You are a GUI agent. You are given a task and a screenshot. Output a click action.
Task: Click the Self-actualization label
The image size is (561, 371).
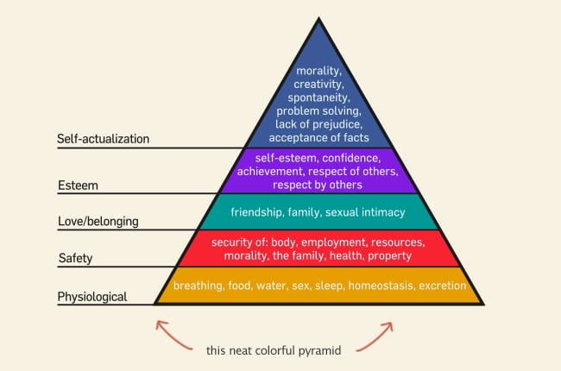[x=103, y=139]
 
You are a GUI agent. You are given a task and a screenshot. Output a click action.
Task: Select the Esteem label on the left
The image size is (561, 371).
[x=78, y=185]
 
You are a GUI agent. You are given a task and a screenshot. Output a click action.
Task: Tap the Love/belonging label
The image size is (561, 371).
[x=98, y=222]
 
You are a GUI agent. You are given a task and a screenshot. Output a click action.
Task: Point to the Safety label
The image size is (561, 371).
[x=75, y=258]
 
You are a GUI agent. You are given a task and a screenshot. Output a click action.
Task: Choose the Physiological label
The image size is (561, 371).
[x=92, y=297]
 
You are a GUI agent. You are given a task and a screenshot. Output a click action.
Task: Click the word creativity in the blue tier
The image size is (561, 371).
[x=318, y=85]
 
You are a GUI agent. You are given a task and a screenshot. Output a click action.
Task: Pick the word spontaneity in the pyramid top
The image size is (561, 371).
[x=318, y=97]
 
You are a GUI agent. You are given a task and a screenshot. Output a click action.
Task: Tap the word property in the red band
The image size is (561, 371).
[x=389, y=256]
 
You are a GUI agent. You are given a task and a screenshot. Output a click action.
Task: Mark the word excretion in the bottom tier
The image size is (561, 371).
[x=443, y=286]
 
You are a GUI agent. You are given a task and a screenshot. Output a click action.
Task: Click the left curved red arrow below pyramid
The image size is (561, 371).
[x=170, y=335]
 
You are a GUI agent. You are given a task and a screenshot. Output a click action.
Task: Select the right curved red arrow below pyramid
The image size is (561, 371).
[x=376, y=336]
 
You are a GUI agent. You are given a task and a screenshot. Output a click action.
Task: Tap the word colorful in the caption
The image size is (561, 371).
[x=274, y=350]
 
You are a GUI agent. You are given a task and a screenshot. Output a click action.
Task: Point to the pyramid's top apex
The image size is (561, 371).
[x=318, y=18]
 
